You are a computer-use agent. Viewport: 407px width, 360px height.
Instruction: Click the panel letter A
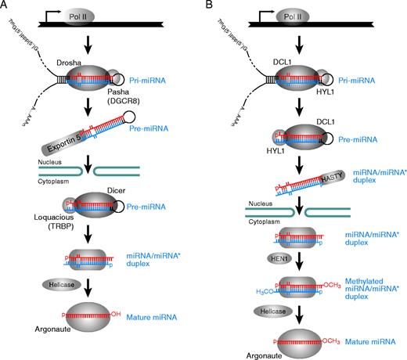tap(5, 5)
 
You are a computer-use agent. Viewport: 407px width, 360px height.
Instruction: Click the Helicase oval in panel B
tap(265, 308)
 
